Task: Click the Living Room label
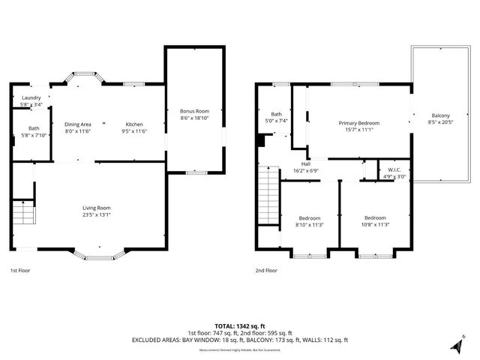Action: pos(97,208)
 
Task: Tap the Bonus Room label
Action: pos(193,110)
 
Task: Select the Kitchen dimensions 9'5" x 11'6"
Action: pos(134,131)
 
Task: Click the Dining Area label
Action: pos(77,124)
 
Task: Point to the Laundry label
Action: pos(31,97)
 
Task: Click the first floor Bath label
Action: pos(34,128)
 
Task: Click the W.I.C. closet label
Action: pos(394,169)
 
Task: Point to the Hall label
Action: pos(306,163)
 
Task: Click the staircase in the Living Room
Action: pos(24,215)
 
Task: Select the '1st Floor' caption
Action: pos(20,270)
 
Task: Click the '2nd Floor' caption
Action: pos(265,270)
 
